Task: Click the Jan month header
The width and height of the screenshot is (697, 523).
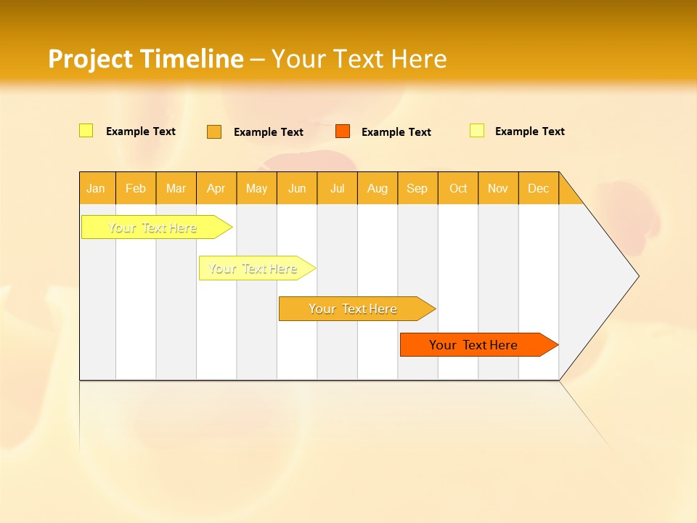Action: pyautogui.click(x=96, y=188)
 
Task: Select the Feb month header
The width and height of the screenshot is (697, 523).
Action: pyautogui.click(x=136, y=188)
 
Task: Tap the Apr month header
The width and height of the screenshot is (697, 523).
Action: pyautogui.click(x=216, y=188)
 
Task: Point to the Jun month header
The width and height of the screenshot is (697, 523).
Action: pyautogui.click(x=297, y=188)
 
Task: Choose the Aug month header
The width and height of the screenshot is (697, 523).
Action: pyautogui.click(x=377, y=188)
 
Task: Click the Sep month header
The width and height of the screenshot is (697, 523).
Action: pyautogui.click(x=417, y=188)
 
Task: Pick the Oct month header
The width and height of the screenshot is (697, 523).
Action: pyautogui.click(x=458, y=188)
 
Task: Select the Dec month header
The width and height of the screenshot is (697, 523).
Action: pyautogui.click(x=538, y=188)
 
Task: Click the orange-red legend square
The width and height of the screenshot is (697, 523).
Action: pyautogui.click(x=343, y=131)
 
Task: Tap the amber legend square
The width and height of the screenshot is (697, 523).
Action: pyautogui.click(x=214, y=131)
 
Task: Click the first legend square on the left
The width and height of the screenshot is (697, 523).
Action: pyautogui.click(x=86, y=131)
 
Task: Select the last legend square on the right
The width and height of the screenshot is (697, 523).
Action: pyautogui.click(x=476, y=131)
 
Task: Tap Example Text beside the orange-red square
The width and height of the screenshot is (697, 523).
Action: pyautogui.click(x=396, y=132)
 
